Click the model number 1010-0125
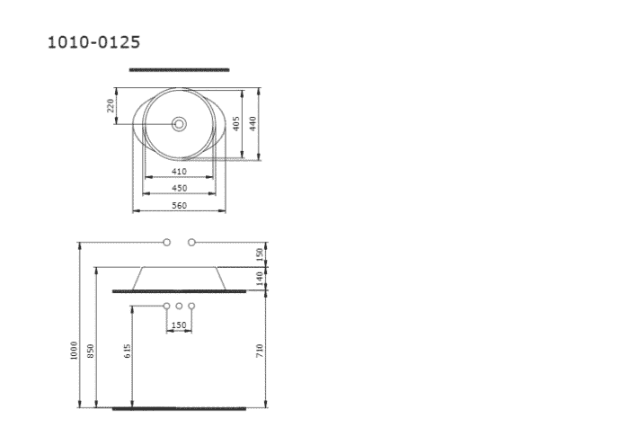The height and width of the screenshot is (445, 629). click(x=93, y=42)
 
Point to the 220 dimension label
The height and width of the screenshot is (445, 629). click(x=111, y=106)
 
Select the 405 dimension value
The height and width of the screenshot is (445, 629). click(x=235, y=123)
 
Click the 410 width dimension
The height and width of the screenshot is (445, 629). click(x=179, y=171)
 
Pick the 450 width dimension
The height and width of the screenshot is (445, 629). click(x=179, y=188)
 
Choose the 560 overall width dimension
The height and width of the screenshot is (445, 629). click(x=179, y=206)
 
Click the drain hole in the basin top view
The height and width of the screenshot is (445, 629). click(x=179, y=123)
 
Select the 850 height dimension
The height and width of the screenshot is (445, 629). click(x=91, y=349)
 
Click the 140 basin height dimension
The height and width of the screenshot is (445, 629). click(x=260, y=280)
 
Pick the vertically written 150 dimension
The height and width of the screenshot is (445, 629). click(x=260, y=254)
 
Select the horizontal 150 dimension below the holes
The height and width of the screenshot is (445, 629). click(x=179, y=325)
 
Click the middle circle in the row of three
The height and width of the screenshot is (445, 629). click(x=179, y=307)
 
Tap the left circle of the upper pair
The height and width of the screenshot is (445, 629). click(x=166, y=243)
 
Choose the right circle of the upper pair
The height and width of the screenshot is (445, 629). click(x=191, y=243)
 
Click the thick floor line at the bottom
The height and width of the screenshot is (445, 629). click(x=179, y=408)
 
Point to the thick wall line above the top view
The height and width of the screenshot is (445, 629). click(x=179, y=69)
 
